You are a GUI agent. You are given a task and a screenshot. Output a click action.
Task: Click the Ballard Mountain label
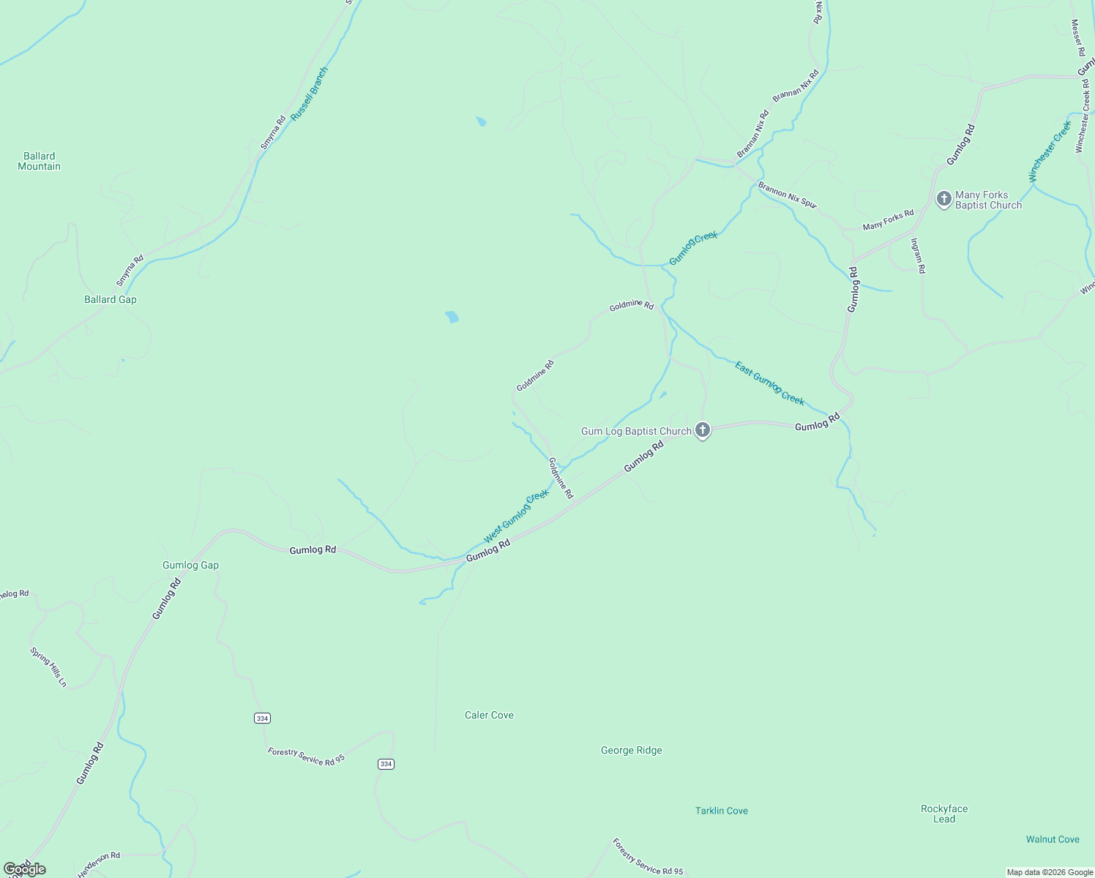[40, 161]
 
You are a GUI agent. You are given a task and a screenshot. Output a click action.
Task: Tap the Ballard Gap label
[111, 299]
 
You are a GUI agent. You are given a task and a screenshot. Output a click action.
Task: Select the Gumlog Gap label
[190, 565]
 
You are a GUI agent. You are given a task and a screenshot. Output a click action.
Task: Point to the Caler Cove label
[489, 715]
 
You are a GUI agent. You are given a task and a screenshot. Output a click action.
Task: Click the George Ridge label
[631, 750]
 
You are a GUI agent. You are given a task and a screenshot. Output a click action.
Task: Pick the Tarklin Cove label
[721, 811]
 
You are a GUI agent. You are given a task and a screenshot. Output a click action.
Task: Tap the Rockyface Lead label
[943, 814]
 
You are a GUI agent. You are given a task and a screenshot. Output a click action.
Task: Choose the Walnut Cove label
[1052, 839]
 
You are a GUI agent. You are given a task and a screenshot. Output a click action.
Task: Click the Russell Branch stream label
[310, 94]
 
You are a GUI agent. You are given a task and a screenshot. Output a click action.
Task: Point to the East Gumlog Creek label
[769, 383]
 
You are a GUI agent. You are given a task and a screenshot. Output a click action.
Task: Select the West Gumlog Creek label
[516, 517]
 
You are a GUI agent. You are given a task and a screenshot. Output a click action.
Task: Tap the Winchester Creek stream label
[1050, 151]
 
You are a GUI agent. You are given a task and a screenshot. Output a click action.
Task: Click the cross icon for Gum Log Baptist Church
[703, 430]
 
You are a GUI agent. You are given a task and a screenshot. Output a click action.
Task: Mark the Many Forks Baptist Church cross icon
[944, 198]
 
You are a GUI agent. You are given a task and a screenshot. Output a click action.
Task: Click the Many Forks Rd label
[888, 219]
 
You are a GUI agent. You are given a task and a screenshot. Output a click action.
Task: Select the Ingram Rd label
[918, 256]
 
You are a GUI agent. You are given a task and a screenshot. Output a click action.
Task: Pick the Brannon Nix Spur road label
[787, 195]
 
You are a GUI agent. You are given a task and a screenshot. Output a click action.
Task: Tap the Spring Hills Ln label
[48, 667]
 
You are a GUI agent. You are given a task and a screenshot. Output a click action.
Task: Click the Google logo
[24, 869]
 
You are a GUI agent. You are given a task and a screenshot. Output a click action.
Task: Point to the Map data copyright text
[1050, 872]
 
